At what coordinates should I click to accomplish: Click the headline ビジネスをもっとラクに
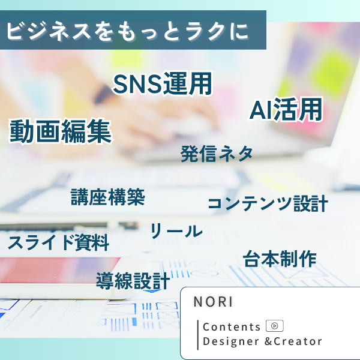point(128,31)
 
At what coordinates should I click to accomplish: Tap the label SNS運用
point(163,83)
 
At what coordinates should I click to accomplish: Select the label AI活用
point(286,110)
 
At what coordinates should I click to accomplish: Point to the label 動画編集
point(60,131)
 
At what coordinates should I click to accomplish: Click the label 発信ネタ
point(217,154)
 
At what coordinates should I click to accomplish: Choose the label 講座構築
point(107,197)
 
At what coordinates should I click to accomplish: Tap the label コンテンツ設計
point(268,203)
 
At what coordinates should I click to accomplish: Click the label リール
point(176,230)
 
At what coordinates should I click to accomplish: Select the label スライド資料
point(58,242)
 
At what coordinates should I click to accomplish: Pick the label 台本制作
point(280,259)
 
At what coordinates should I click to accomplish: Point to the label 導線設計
point(133,281)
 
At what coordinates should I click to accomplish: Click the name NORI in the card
point(213,301)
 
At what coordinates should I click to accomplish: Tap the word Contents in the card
point(232,327)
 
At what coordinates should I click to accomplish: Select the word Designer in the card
point(231,341)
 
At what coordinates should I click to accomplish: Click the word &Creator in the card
point(293,341)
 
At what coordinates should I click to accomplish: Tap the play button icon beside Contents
point(275,326)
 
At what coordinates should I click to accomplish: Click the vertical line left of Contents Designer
point(198,335)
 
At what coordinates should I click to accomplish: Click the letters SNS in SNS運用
point(137,84)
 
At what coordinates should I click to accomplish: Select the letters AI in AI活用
point(261,110)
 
